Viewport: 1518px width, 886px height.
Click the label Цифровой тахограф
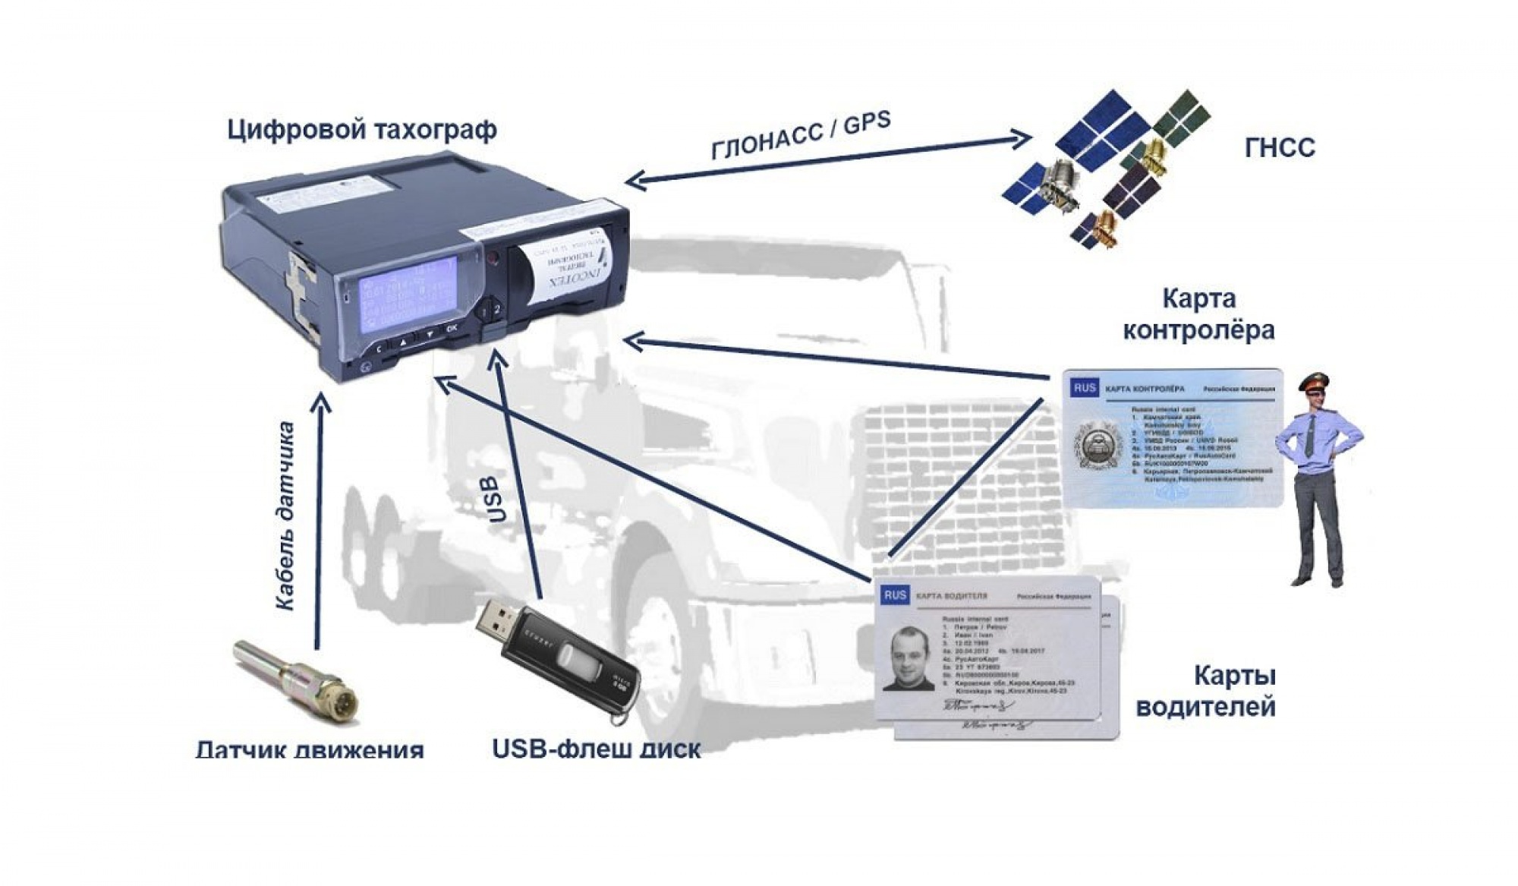pos(362,130)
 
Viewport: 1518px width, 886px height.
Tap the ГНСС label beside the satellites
pos(1280,147)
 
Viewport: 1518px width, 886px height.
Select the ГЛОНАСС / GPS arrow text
pos(801,136)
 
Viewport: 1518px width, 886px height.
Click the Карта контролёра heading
pos(1198,314)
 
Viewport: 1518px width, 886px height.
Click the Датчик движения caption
pos(309,750)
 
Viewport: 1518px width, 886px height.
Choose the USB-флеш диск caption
pos(596,749)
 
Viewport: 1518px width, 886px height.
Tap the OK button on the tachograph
pos(452,329)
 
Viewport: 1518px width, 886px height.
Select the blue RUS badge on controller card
pos(1085,388)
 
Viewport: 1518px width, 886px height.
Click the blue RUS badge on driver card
pos(895,595)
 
